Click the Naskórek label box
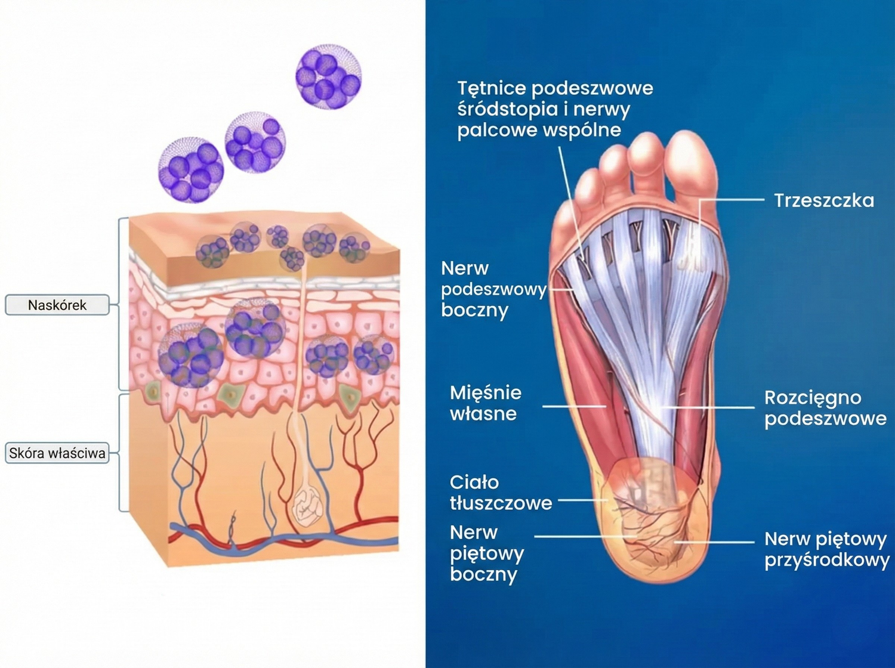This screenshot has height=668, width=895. point(57,305)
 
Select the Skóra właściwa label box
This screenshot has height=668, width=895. point(57,453)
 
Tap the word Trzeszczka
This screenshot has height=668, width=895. point(823,200)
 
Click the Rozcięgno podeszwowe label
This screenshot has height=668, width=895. point(825,408)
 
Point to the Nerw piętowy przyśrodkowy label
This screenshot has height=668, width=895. point(826,550)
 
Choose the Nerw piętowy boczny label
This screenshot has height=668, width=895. point(486,553)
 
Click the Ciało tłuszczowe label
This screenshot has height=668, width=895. point(500,492)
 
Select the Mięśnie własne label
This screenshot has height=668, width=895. point(485,403)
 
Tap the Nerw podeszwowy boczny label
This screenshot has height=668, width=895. point(493,289)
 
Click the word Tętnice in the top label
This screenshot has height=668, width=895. point(491,88)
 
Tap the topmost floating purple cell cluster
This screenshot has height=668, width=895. point(328,76)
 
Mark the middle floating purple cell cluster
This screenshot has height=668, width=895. point(255,142)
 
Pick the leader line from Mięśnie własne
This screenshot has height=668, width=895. point(573,407)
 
